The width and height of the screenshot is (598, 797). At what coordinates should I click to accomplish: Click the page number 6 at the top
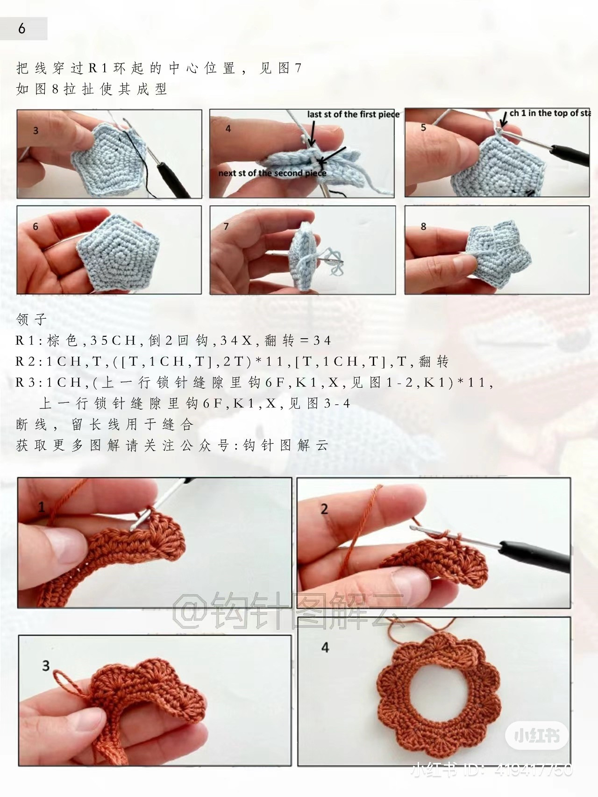tap(21, 29)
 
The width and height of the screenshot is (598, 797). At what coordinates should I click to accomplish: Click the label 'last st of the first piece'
tap(353, 114)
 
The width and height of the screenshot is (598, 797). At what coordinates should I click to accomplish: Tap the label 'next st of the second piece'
tap(272, 173)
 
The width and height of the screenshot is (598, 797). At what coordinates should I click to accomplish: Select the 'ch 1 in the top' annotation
tap(549, 113)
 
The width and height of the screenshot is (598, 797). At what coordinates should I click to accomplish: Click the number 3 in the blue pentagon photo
tap(36, 131)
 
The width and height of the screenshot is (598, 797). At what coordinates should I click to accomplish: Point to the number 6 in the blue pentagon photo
tap(36, 227)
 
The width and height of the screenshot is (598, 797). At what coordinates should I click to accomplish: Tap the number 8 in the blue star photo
tap(423, 227)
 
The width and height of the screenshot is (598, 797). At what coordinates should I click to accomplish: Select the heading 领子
tap(32, 320)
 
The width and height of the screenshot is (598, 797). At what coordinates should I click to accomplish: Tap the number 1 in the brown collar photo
tap(42, 507)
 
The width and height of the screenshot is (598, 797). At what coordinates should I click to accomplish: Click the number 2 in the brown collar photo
tap(324, 509)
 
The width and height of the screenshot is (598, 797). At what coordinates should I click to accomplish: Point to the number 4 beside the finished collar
tap(325, 647)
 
